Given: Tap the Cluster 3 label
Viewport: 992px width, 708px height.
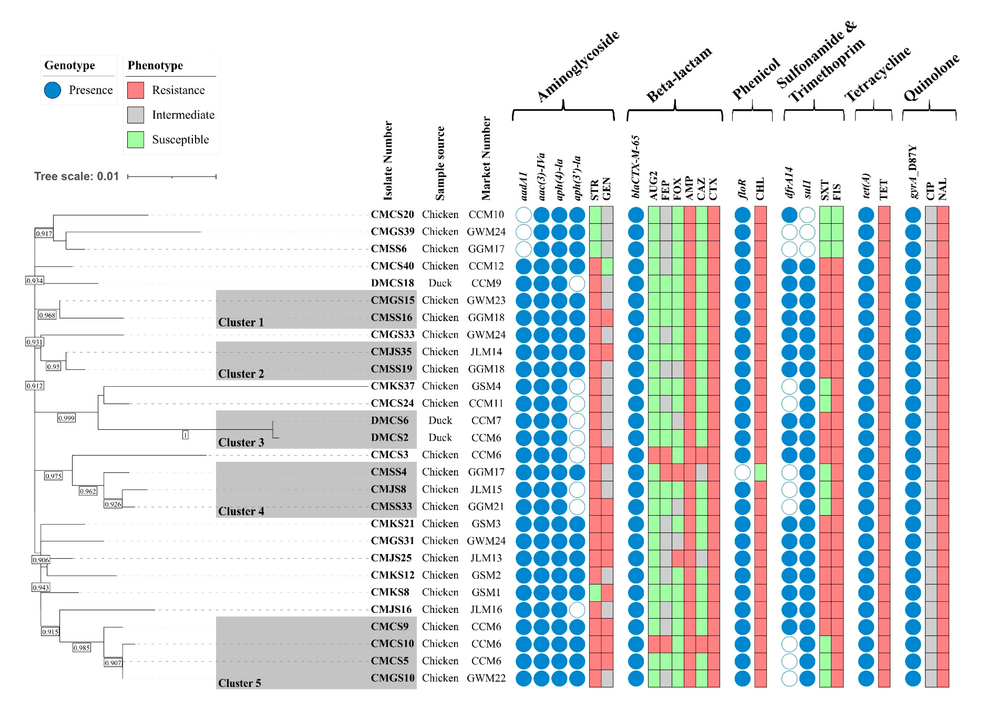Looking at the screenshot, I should pyautogui.click(x=241, y=442).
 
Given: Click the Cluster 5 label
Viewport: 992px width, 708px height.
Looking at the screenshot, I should pyautogui.click(x=239, y=683).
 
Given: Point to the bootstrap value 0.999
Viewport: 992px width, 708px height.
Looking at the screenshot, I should pyautogui.click(x=66, y=418).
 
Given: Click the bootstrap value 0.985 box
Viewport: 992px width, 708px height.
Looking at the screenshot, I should pyautogui.click(x=81, y=648).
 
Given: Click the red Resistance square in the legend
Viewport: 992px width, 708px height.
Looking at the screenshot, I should pyautogui.click(x=135, y=90).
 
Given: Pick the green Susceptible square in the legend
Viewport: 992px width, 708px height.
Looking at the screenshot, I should pyautogui.click(x=135, y=140).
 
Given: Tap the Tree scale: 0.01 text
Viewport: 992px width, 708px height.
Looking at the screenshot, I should pyautogui.click(x=76, y=176).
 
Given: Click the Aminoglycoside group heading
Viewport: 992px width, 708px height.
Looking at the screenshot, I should pyautogui.click(x=577, y=66).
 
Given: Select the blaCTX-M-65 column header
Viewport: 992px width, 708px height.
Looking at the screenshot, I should pyautogui.click(x=636, y=167).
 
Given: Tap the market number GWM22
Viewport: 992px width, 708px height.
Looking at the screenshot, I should pyautogui.click(x=486, y=678).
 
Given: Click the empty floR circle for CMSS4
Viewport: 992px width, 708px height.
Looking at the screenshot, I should pyautogui.click(x=742, y=472).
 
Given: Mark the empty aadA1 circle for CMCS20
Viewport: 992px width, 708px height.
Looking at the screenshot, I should pyautogui.click(x=524, y=215).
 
